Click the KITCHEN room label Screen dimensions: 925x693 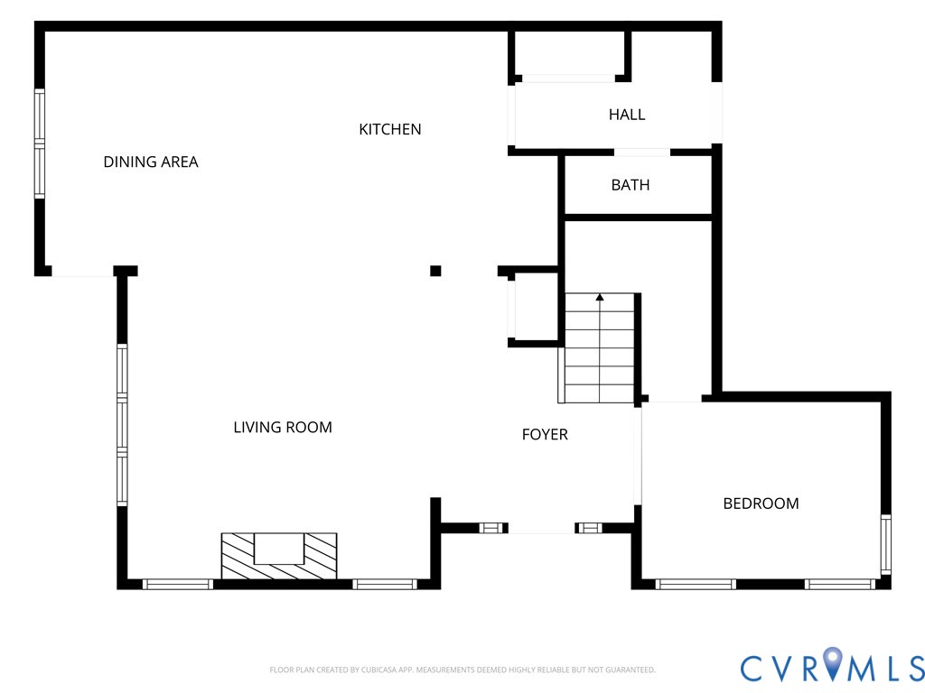tap(390, 129)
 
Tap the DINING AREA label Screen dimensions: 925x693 tap(151, 162)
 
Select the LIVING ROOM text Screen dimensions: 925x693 tap(283, 427)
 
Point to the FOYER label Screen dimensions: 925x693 tap(545, 434)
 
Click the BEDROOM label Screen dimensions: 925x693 tap(761, 504)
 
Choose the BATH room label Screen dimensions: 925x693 tap(630, 185)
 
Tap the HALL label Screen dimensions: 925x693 tap(627, 115)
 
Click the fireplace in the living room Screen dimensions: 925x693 tap(279, 556)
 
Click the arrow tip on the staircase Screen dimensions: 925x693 tap(600, 295)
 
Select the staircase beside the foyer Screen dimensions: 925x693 tap(600, 348)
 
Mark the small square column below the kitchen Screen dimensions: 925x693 tap(435, 271)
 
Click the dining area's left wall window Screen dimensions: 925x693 tap(40, 143)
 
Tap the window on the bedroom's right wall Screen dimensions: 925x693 tap(885, 544)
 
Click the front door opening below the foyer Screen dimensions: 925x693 tap(542, 529)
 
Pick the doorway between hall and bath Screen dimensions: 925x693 tap(642, 152)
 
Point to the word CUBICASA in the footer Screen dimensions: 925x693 tap(379, 670)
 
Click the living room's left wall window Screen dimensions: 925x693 tap(122, 424)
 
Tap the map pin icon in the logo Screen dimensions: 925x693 tap(832, 662)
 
